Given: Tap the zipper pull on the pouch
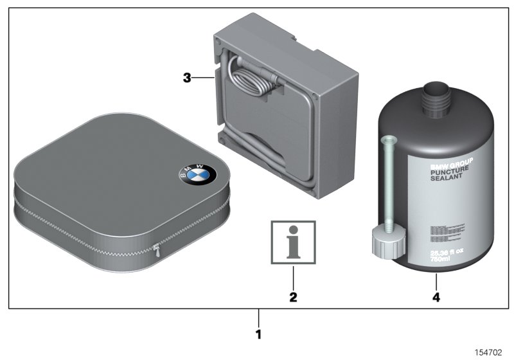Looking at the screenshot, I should click(157, 248).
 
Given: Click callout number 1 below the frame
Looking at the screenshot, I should click(258, 334).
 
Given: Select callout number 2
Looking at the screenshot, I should click(293, 298).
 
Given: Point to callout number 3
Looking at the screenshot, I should click(187, 78).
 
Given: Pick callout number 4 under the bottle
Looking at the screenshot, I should click(436, 298).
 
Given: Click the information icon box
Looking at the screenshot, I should click(293, 242).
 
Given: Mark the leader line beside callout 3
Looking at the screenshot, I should click(203, 78).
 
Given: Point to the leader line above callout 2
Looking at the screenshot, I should click(293, 276).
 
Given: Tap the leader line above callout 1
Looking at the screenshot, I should click(258, 318).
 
